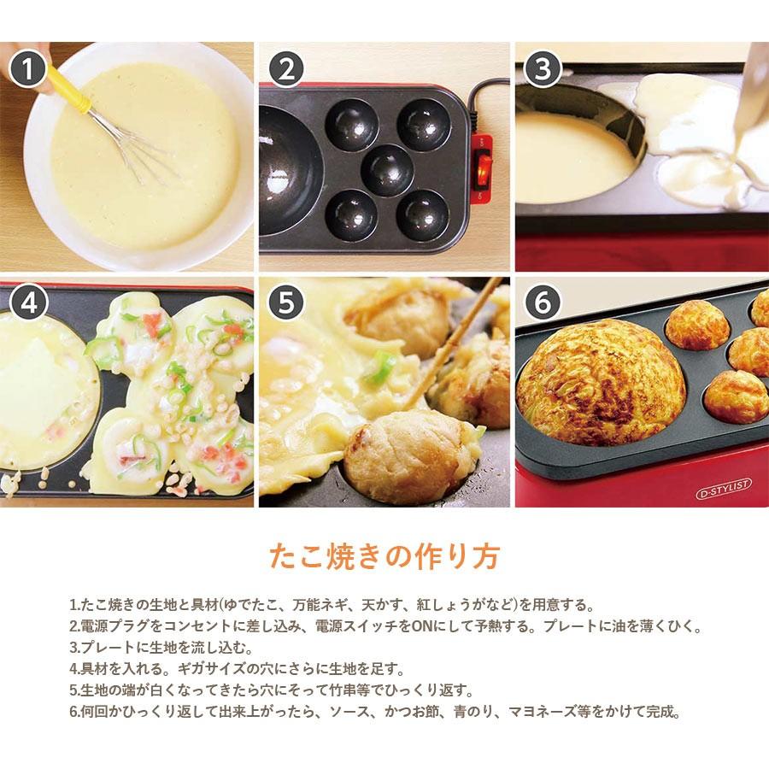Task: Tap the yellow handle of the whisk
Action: click(x=68, y=91)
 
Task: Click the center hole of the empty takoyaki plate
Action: click(x=387, y=168)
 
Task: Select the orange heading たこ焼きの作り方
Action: click(x=384, y=555)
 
